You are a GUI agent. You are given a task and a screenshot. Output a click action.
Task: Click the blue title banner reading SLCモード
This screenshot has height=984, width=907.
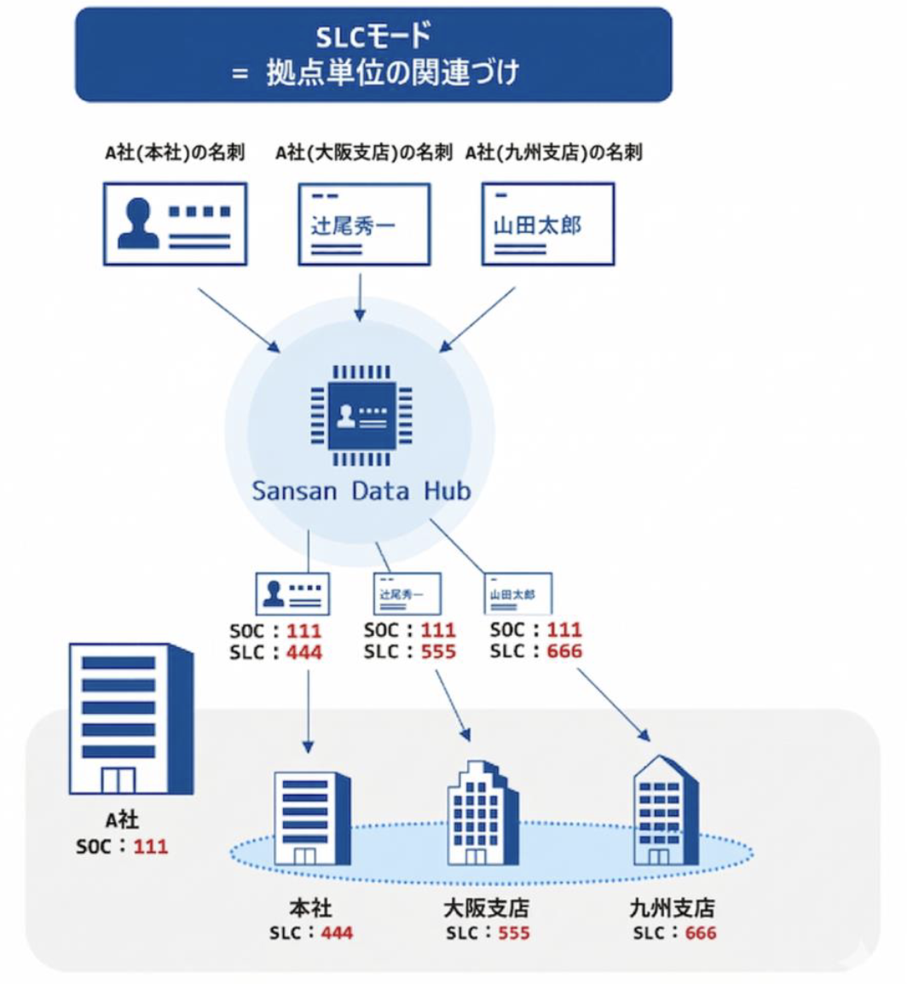(x=373, y=54)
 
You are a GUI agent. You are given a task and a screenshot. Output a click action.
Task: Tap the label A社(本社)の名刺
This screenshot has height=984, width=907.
(x=175, y=153)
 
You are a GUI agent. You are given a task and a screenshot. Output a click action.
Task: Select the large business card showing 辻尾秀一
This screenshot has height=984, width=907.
(x=364, y=223)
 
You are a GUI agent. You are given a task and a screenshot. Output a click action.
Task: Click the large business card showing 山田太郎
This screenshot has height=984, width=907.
(x=547, y=223)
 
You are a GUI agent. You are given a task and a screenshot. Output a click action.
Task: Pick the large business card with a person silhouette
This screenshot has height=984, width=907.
(x=175, y=223)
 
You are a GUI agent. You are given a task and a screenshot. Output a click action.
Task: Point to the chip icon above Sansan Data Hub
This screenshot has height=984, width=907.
(x=361, y=416)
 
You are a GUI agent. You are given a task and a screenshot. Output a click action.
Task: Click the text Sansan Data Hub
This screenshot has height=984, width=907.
(x=361, y=491)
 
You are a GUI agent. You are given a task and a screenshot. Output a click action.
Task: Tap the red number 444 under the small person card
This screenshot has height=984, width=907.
(x=304, y=652)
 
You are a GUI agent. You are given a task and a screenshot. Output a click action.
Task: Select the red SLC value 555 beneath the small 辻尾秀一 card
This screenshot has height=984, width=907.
(x=437, y=652)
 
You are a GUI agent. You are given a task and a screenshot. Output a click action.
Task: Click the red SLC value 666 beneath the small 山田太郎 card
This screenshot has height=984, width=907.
(x=563, y=652)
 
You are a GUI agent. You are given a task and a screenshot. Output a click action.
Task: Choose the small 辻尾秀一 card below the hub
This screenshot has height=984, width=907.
(x=407, y=593)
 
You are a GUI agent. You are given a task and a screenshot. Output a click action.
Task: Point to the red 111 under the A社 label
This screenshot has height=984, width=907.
(x=151, y=847)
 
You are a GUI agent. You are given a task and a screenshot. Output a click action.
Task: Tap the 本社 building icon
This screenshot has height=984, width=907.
(x=311, y=819)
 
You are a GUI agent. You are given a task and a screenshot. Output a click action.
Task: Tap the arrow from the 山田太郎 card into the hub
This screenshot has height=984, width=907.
(x=477, y=320)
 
